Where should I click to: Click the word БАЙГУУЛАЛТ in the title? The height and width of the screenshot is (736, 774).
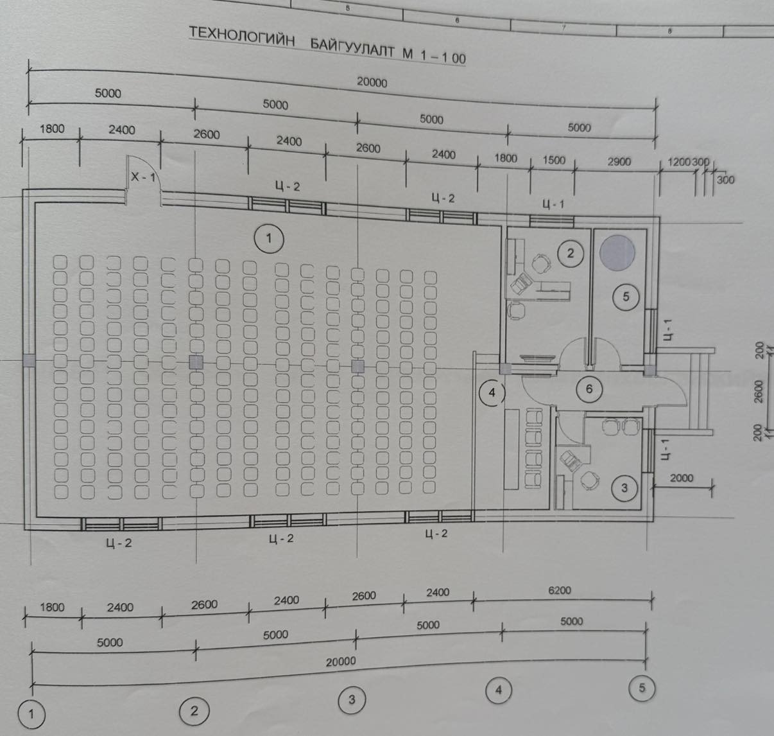point(353,49)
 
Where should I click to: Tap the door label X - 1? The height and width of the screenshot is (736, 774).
point(143,177)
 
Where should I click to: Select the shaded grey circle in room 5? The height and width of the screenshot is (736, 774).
point(617,253)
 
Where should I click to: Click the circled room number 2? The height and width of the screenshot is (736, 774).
point(571,253)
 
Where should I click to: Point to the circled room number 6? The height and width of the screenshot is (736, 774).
point(589,389)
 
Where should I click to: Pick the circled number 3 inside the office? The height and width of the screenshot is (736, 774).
point(624,488)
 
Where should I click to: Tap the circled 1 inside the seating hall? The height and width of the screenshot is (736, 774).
point(269,238)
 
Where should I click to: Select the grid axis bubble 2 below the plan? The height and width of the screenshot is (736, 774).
point(194,711)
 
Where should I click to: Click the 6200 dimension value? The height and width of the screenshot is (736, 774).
point(559,590)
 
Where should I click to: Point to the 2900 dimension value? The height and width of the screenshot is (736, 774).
point(619,162)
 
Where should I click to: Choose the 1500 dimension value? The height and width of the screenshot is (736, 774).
point(554,160)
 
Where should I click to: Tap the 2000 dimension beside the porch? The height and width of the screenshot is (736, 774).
point(682,478)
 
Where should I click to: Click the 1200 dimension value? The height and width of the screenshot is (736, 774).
point(679,162)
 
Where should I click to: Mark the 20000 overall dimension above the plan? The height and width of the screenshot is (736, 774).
point(372,82)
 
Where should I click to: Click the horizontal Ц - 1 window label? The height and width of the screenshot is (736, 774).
point(553,204)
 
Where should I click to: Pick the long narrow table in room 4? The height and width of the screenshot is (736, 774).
point(512,449)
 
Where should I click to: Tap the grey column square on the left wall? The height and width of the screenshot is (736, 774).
point(29,360)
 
